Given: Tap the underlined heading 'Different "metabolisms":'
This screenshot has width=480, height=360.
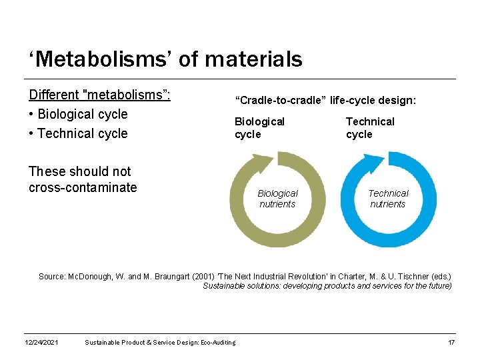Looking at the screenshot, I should pos(100,95).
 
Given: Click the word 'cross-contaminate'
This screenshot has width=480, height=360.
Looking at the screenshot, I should pos(83,188).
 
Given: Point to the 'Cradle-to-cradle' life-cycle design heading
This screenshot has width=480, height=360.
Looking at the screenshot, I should pos(325,100).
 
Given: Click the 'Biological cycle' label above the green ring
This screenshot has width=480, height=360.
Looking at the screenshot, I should pos(259,128).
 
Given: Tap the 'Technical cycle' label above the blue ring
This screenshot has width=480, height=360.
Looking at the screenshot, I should pos(370,128).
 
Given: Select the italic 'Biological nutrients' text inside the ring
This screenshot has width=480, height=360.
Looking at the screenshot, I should pos(277,199).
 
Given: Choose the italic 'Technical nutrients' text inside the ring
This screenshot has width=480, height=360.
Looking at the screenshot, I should pos(388,199).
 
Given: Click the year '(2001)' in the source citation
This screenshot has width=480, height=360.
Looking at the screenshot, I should pos(203,276).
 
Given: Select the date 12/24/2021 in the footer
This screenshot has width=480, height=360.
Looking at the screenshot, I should pos(41,343).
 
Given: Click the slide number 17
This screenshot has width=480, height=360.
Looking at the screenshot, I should pos(451,343).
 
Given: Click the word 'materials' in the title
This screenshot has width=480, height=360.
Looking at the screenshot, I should pos(254,59).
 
